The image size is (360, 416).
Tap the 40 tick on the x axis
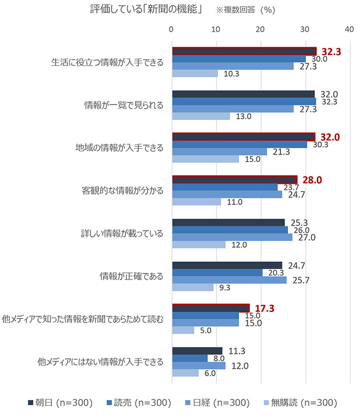click(x=350, y=28)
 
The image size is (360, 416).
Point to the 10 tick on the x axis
click(x=217, y=28)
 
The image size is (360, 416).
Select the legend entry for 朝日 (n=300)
click(x=61, y=402)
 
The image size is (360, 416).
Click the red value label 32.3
click(x=332, y=51)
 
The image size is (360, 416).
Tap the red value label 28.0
click(x=312, y=180)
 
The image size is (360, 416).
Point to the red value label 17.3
click(x=264, y=308)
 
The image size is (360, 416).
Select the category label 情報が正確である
click(x=131, y=276)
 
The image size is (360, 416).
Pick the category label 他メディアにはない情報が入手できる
click(x=100, y=362)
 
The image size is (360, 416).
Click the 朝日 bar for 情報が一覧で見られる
click(x=243, y=94)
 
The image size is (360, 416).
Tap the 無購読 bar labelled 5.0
click(x=183, y=330)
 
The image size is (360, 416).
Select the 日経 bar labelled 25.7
click(x=229, y=280)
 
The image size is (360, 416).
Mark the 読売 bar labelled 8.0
click(x=190, y=358)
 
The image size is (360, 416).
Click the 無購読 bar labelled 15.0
click(x=205, y=159)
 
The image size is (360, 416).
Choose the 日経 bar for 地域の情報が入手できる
click(x=220, y=151)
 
